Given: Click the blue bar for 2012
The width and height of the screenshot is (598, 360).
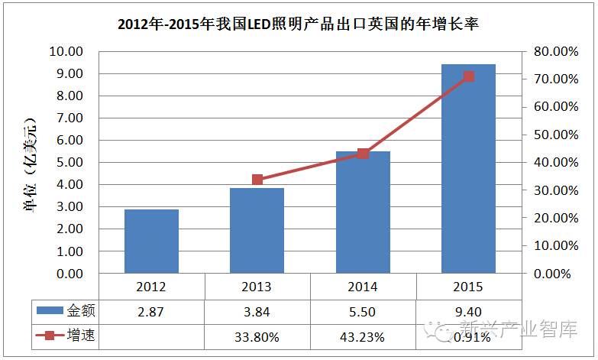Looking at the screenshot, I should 151,241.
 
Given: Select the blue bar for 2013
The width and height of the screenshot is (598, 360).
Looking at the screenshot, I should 257,230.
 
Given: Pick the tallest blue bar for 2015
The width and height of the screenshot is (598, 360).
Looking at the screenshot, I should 468,168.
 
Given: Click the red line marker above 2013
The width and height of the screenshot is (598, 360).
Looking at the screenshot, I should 257,180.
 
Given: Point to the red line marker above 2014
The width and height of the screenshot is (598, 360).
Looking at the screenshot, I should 363,154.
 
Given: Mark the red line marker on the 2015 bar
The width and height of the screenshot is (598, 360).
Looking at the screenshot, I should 469,76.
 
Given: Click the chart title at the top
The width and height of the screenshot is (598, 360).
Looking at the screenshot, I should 299,24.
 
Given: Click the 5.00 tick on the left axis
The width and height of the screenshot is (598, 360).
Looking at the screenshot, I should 67,162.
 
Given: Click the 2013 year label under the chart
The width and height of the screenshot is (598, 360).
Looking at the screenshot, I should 257,287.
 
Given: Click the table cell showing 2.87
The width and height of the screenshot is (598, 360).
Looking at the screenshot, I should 151,311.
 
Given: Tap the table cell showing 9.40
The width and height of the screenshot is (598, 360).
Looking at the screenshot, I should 468,311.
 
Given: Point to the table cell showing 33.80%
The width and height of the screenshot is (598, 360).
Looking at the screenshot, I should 257,336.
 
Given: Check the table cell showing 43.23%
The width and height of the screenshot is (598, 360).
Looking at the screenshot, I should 363,336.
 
